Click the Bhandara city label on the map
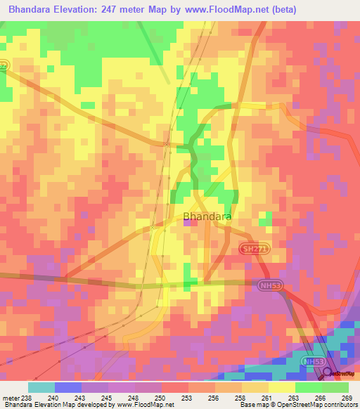(207, 217)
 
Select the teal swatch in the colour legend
(41, 387)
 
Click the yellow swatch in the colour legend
(281, 387)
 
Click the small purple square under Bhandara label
(188, 223)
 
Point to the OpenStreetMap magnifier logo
(327, 372)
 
